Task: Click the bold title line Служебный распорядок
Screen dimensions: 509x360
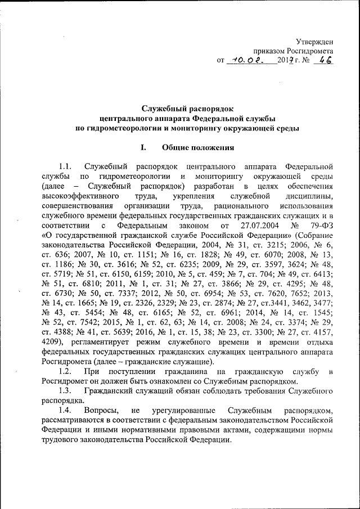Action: click(187, 108)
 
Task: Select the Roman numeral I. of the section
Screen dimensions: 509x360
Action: click(144, 148)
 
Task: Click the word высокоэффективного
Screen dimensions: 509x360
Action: click(80, 196)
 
